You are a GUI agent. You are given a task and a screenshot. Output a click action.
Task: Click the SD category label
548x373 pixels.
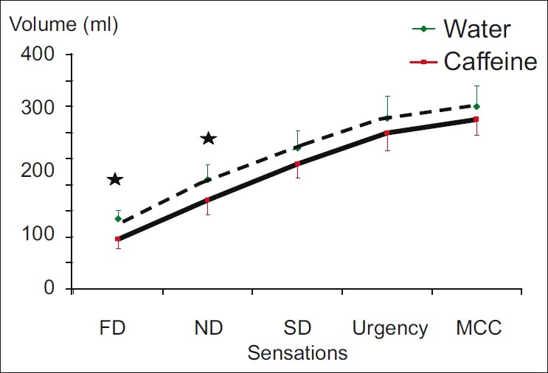(x=297, y=328)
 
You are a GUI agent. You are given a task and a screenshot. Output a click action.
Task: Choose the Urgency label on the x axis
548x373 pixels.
(x=389, y=328)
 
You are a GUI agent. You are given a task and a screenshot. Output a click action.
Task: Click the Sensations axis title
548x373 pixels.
(x=297, y=352)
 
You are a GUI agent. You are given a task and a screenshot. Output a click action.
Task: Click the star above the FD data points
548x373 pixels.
(x=115, y=179)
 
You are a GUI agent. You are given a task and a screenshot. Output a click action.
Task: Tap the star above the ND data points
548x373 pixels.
(x=208, y=139)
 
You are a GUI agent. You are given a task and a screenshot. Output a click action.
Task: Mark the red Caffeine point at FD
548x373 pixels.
(x=118, y=239)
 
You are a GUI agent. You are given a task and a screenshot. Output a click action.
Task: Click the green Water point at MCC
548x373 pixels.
(x=476, y=107)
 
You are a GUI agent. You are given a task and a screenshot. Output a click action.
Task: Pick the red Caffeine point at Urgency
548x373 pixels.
(x=387, y=133)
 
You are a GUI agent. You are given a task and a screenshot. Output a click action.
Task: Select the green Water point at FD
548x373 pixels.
(x=118, y=218)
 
